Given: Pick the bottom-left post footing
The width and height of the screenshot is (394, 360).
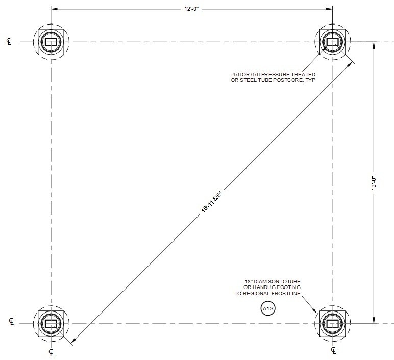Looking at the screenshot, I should click(x=51, y=323).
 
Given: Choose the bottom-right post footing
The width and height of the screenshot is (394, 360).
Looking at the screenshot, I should click(x=333, y=323).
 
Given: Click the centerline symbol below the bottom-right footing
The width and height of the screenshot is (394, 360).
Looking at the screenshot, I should click(x=334, y=351).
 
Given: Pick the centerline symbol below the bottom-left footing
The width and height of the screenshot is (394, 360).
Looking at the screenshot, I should click(x=51, y=352).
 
